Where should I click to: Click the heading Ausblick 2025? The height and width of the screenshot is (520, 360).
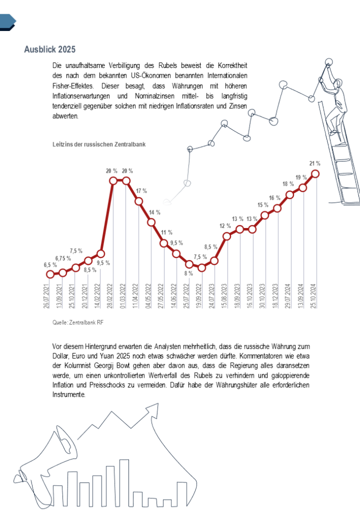click(x=50, y=49)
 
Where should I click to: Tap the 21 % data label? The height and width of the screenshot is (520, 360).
click(x=315, y=164)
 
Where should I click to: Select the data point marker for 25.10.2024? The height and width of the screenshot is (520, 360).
click(x=315, y=174)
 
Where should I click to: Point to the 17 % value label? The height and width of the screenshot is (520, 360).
click(x=141, y=191)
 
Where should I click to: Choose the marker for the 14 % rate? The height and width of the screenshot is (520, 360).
click(x=151, y=222)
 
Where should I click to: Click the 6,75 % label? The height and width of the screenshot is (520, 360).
click(x=63, y=258)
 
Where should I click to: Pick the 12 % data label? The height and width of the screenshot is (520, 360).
click(x=225, y=225)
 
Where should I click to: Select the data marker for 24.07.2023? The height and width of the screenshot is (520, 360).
click(x=214, y=261)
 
